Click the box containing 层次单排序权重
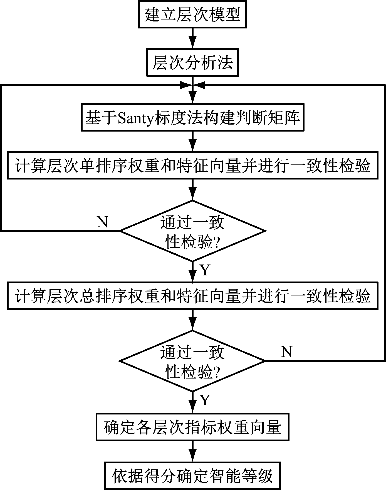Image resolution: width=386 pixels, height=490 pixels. (x=192, y=166)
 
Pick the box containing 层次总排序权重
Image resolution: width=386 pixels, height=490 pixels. (x=192, y=296)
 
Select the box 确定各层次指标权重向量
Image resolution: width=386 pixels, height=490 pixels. (x=192, y=427)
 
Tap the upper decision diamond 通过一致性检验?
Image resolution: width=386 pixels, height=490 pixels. (x=192, y=231)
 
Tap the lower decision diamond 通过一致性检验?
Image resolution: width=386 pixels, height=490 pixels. (x=192, y=361)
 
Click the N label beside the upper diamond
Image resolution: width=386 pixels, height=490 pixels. (x=102, y=222)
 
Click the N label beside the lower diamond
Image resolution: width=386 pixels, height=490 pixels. (x=287, y=352)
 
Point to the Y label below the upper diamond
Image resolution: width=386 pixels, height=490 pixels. (x=205, y=270)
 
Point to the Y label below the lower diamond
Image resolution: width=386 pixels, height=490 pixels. (x=205, y=400)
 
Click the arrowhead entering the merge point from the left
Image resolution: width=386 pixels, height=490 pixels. (x=185, y=85)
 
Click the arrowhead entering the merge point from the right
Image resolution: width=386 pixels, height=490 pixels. (x=200, y=85)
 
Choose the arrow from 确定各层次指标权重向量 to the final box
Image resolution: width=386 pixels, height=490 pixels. (x=192, y=452)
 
